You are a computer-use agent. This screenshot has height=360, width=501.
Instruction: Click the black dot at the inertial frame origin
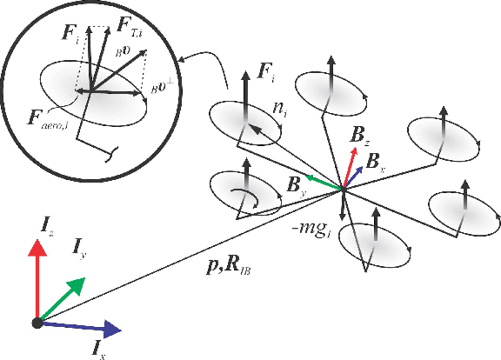(37, 323)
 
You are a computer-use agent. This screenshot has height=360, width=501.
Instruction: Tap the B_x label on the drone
(375, 161)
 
